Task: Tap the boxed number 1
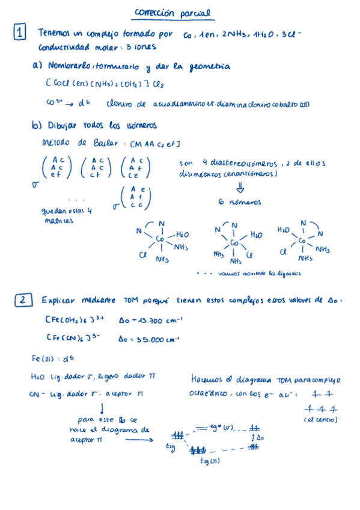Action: pos(20,34)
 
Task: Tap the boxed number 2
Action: pos(21,300)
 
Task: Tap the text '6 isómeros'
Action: pos(240,203)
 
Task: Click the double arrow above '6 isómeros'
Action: pos(240,188)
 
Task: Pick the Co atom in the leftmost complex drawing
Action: pos(160,239)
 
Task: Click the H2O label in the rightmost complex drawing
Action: pos(284,230)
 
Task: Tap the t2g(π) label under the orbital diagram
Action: pos(210,461)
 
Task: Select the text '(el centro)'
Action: pos(321,419)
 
